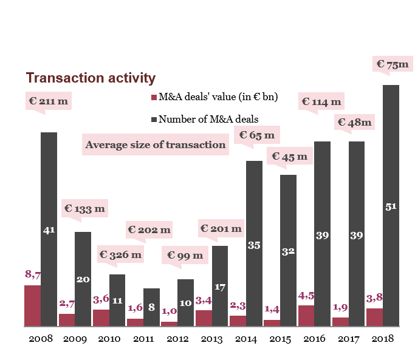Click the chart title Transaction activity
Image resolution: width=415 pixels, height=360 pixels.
point(91,78)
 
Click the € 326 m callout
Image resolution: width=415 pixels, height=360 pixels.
point(120,255)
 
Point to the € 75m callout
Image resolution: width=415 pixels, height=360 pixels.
point(393,64)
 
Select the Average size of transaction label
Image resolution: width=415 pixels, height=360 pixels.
point(155,144)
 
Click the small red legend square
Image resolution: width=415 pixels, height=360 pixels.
point(154,98)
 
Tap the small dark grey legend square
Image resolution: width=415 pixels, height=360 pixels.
point(154,120)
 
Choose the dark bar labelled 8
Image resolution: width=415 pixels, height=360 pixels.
point(151,307)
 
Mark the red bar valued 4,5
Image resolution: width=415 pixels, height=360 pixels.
point(306,316)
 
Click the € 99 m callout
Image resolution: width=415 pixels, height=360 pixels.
point(185,256)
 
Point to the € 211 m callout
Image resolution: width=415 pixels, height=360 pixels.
point(49,101)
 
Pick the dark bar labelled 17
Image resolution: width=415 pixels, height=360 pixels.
point(220,286)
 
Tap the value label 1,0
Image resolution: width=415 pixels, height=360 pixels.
point(169,311)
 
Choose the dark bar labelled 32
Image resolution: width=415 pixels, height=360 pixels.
point(288,250)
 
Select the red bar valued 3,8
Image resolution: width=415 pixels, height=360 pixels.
point(374,317)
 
